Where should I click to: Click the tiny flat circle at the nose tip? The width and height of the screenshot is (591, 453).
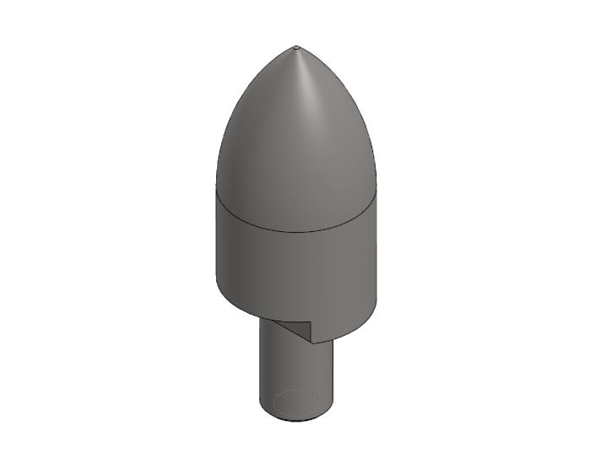coord(296,47)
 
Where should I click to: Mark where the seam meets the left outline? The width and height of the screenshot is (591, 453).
coord(217,190)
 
